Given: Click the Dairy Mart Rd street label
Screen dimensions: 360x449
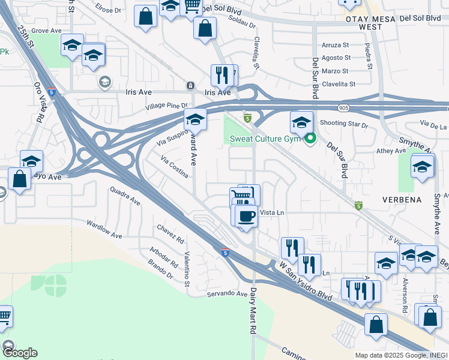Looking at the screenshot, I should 253,310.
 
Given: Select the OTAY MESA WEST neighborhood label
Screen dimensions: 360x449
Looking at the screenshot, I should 362,23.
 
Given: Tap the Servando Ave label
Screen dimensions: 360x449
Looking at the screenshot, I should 228,294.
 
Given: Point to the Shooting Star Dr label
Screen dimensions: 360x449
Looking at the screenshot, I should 343,124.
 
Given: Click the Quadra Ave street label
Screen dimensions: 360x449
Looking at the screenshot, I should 125,196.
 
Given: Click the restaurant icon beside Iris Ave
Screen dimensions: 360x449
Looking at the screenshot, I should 221,75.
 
